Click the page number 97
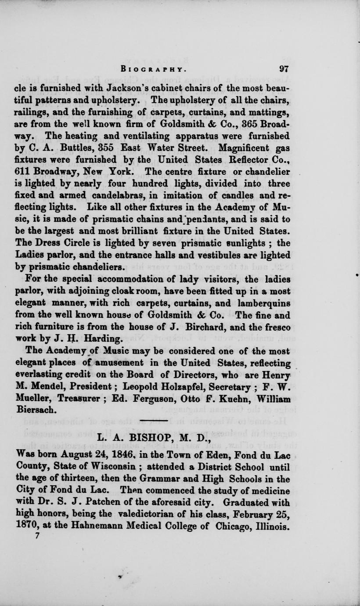pos(284,69)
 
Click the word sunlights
pos(238,243)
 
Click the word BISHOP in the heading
pos(153,437)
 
